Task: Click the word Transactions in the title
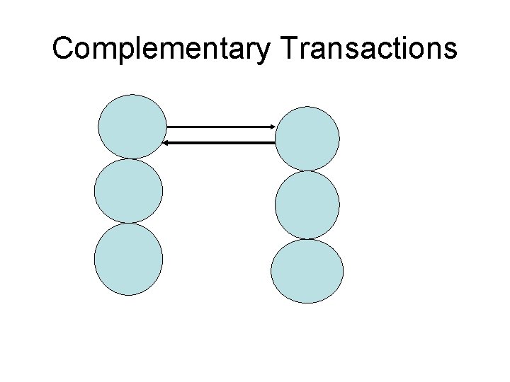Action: [369, 48]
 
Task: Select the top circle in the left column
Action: [132, 127]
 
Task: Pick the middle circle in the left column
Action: [128, 191]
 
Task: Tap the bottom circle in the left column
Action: [128, 259]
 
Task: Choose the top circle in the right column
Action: [307, 138]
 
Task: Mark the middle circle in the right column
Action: [307, 205]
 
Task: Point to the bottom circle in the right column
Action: [307, 271]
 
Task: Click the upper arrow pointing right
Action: [220, 127]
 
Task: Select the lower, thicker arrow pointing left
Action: [220, 143]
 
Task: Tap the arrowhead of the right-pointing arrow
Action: [273, 127]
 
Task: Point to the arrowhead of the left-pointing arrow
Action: [165, 143]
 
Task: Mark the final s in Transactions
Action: [450, 50]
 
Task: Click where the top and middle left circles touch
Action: [130, 158]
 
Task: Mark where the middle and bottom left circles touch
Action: [128, 224]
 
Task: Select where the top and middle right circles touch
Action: [307, 170]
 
